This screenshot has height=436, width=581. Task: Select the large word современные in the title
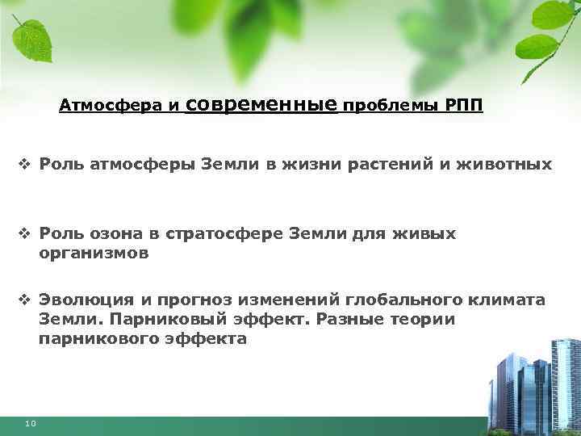click(261, 104)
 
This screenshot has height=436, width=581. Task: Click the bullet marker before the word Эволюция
click(23, 300)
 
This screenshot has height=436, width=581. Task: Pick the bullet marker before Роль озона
click(23, 234)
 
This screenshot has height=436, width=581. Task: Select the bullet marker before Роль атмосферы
click(23, 165)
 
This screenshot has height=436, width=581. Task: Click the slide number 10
click(30, 423)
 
